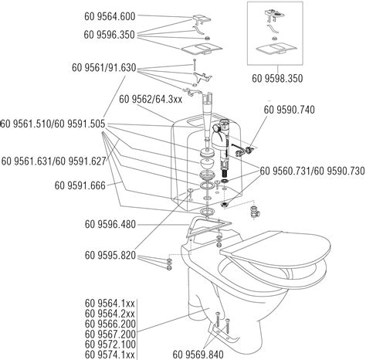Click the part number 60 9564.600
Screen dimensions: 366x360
point(110,16)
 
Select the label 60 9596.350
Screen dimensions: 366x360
point(110,35)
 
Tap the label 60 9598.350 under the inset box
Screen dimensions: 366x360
point(277,79)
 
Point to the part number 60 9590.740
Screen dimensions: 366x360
point(289,110)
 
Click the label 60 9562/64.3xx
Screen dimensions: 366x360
point(151,100)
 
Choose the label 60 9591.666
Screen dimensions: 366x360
point(80,185)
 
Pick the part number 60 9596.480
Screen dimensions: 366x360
point(110,224)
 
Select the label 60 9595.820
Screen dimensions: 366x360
point(110,256)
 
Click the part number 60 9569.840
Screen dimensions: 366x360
point(198,355)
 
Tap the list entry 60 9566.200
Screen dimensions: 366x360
point(110,324)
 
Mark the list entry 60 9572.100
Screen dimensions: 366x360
point(110,345)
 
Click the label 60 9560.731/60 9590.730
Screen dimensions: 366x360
point(312,171)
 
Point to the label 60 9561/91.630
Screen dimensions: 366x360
point(104,68)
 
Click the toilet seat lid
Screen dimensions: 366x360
point(276,249)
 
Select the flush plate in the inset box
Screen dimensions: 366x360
point(276,49)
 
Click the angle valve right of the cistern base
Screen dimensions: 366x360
point(256,210)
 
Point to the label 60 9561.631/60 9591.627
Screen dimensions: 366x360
point(53,161)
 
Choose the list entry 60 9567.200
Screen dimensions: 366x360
point(110,335)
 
